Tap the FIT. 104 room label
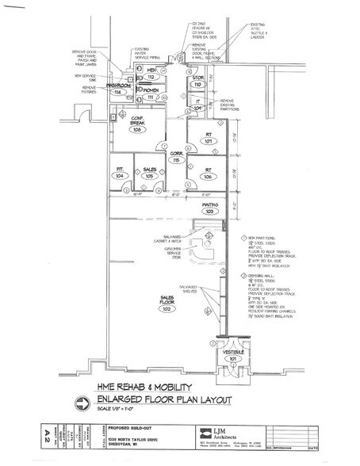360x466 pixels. click(x=121, y=172)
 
